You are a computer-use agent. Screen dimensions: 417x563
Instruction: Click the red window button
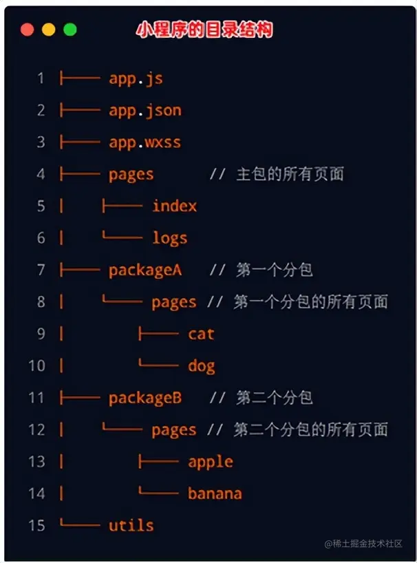click(28, 30)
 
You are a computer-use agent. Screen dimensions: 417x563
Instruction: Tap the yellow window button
click(49, 30)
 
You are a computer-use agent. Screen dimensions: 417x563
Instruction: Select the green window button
click(70, 30)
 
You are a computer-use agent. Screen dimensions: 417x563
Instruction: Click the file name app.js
click(136, 78)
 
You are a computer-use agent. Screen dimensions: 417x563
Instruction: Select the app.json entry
click(145, 110)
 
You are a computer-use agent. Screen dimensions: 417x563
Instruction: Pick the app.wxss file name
click(145, 142)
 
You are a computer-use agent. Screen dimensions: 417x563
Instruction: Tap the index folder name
click(174, 206)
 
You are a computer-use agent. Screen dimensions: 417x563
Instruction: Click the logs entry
click(169, 238)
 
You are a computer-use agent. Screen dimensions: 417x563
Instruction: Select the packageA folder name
click(145, 270)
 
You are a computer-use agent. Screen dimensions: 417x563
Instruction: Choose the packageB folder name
click(145, 398)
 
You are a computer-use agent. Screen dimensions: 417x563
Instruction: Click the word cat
click(201, 334)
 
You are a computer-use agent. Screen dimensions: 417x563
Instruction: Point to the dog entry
click(201, 366)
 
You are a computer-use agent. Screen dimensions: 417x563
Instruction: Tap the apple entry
click(210, 462)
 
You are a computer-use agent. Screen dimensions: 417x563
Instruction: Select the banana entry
click(215, 493)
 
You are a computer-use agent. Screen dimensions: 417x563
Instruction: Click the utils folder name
click(131, 526)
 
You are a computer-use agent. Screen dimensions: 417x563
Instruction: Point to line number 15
click(36, 526)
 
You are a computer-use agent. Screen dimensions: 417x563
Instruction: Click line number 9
click(41, 334)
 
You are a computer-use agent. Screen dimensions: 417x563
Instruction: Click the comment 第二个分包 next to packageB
click(275, 398)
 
